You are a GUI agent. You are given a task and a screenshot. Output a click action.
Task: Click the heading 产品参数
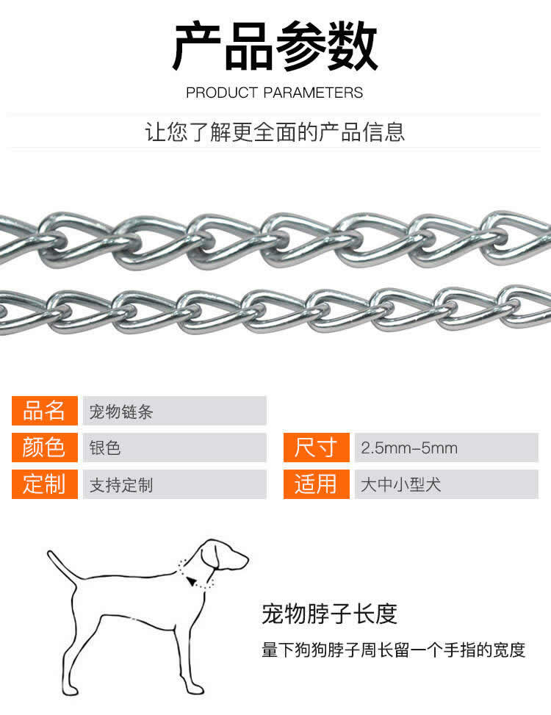click(275, 46)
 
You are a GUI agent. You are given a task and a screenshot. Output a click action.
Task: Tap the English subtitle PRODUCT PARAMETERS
click(274, 93)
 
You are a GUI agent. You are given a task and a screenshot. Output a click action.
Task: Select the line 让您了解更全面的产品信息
click(275, 132)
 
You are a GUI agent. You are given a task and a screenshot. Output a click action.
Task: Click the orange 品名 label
click(45, 410)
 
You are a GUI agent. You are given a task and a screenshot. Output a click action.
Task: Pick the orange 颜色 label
click(45, 448)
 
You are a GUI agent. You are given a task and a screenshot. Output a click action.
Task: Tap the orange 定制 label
click(45, 484)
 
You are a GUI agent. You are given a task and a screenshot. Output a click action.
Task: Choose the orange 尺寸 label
click(317, 448)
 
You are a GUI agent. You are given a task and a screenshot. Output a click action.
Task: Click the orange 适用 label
click(317, 484)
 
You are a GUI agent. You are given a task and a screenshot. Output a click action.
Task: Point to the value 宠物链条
click(120, 412)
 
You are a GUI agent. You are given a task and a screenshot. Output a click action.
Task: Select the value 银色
click(105, 448)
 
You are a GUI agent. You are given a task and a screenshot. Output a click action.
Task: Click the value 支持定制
click(120, 485)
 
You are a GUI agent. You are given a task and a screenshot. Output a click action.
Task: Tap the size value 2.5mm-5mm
click(409, 448)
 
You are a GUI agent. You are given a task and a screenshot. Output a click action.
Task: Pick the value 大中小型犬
click(400, 484)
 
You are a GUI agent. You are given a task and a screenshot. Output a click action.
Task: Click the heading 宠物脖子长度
click(330, 614)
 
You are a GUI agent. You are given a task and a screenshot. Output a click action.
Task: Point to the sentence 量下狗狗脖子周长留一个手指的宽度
click(393, 650)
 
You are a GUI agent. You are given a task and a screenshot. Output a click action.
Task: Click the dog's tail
click(62, 565)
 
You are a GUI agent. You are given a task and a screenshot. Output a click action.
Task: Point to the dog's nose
click(245, 558)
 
